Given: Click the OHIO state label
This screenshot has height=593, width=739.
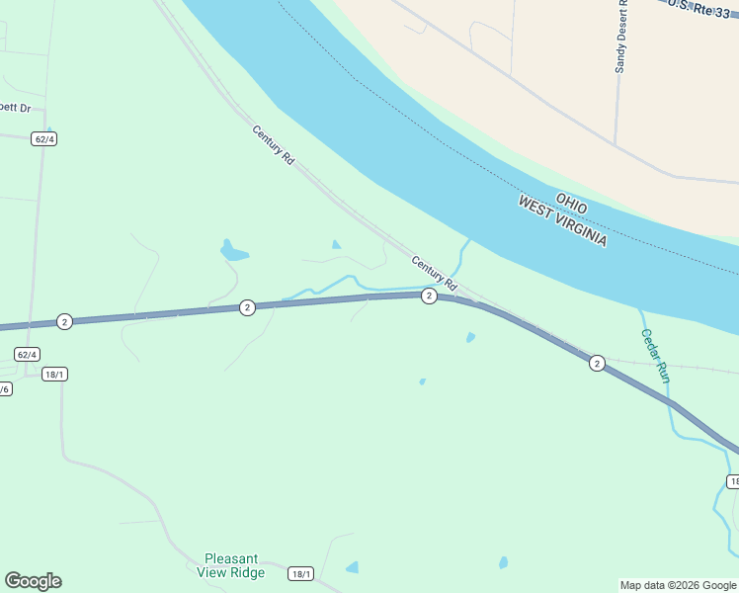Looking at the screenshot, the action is (572, 204).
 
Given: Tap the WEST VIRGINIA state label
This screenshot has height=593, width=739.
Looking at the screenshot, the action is (563, 221).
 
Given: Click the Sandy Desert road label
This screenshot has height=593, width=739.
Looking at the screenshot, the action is (621, 40).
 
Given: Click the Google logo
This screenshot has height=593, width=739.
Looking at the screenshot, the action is (33, 581).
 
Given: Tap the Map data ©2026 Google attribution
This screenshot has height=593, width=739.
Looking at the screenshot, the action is (678, 585).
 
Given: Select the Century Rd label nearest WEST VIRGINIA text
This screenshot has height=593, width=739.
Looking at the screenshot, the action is (434, 273).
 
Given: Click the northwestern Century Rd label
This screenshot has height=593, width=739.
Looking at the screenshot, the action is (274, 144).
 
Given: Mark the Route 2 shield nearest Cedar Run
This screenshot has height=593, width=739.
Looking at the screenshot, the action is (597, 364).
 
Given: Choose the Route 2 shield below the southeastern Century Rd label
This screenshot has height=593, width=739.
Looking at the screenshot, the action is (429, 296).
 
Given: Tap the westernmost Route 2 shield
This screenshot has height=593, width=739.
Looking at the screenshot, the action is (64, 321).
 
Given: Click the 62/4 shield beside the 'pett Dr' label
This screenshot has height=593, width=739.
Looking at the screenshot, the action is (43, 138).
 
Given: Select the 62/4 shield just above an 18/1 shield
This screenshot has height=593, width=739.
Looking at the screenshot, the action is (28, 354).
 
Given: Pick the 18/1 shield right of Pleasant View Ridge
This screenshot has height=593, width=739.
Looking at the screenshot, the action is (301, 574).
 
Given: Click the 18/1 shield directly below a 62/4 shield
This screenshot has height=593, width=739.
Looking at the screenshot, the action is (55, 374).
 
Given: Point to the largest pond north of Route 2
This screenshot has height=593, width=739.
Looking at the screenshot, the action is (232, 251).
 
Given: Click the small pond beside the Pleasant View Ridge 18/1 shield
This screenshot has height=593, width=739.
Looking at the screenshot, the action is (352, 567).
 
